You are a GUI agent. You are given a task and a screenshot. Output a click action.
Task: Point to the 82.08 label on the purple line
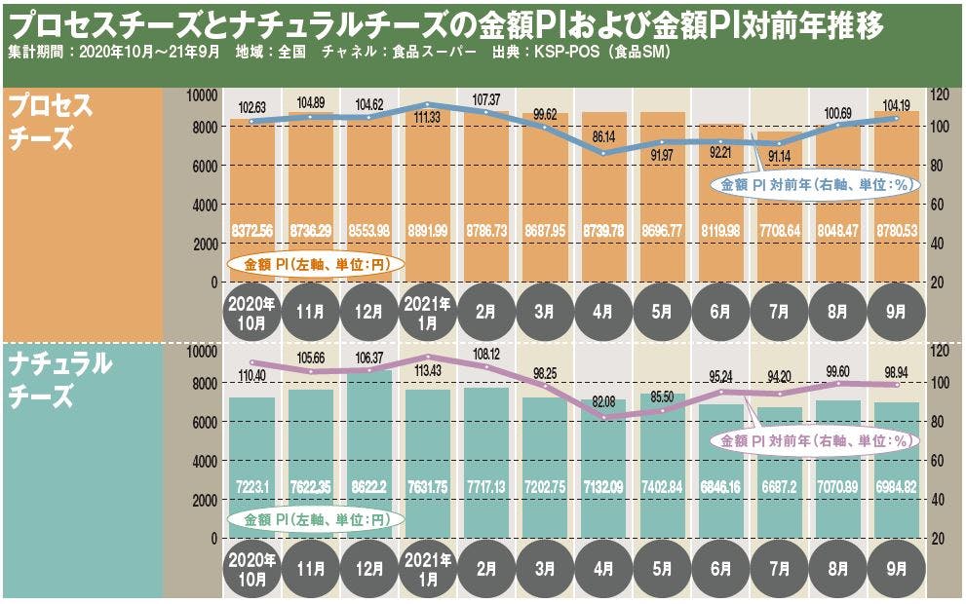click(602, 402)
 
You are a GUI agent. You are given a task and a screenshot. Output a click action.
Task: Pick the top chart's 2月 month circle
click(485, 312)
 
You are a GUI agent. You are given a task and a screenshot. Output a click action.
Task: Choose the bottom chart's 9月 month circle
click(896, 568)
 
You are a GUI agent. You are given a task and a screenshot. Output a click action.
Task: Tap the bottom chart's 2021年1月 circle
click(427, 568)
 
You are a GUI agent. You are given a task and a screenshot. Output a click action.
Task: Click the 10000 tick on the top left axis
click(203, 95)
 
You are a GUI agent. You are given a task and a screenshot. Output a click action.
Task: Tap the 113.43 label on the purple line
click(427, 371)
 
